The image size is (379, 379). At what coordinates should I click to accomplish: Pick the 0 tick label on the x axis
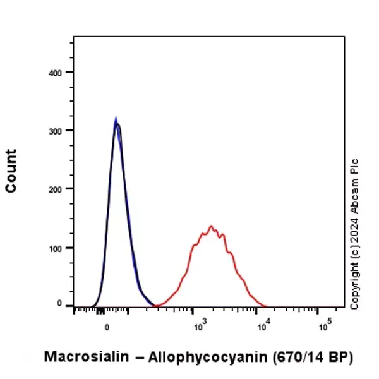[x=107, y=327]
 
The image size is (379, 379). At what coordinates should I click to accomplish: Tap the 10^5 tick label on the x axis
[x=325, y=326]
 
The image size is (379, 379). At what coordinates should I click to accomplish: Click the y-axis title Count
[x=11, y=171]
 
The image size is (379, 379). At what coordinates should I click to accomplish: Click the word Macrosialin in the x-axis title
[x=84, y=357]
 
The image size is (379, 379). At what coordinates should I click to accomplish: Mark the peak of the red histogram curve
[x=211, y=226]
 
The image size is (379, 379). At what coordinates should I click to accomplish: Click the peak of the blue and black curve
[x=116, y=119]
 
